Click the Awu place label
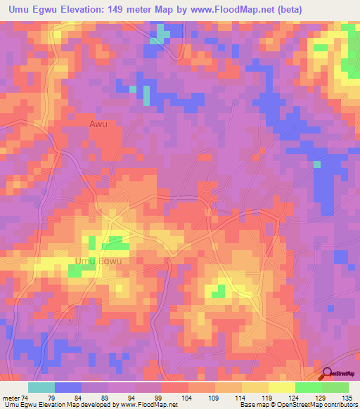[x=98, y=124]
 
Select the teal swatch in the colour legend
[x=41, y=387]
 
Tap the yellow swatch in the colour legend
[x=255, y=387]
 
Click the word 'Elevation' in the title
[x=77, y=10]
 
